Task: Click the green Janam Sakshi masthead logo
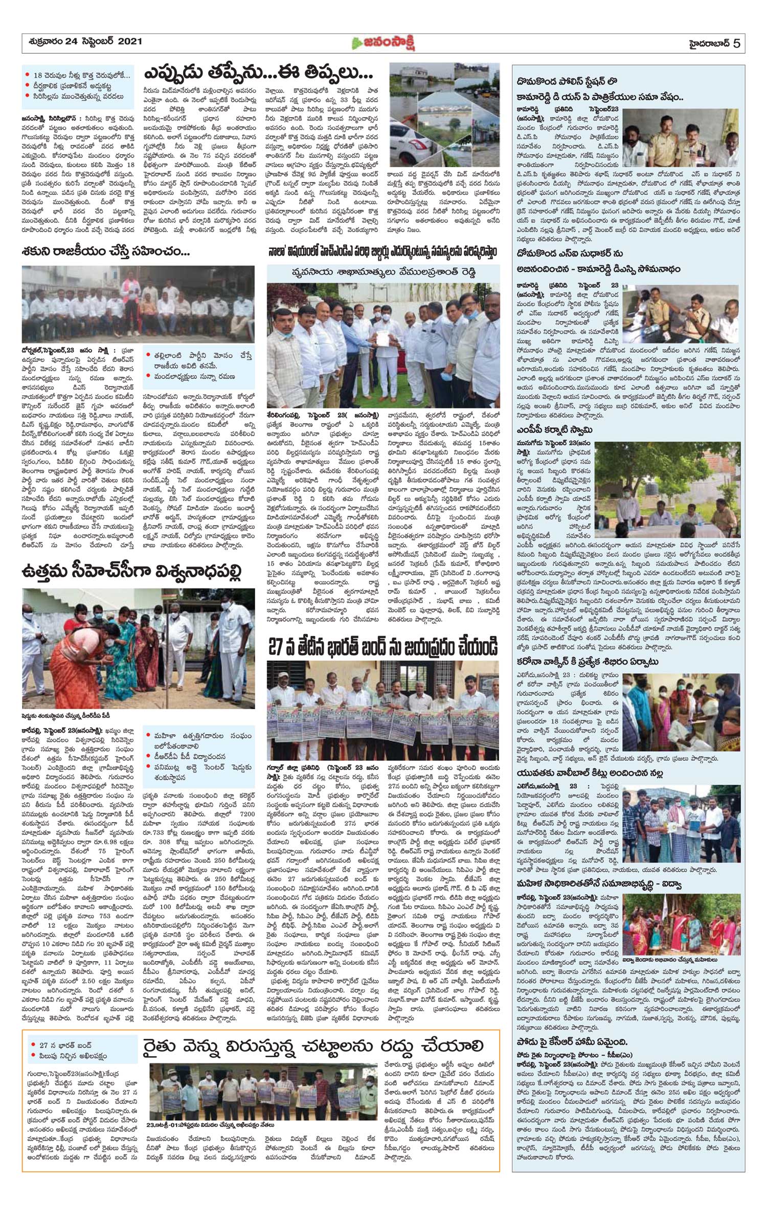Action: (383, 43)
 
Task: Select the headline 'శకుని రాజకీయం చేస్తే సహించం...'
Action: (106, 252)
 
